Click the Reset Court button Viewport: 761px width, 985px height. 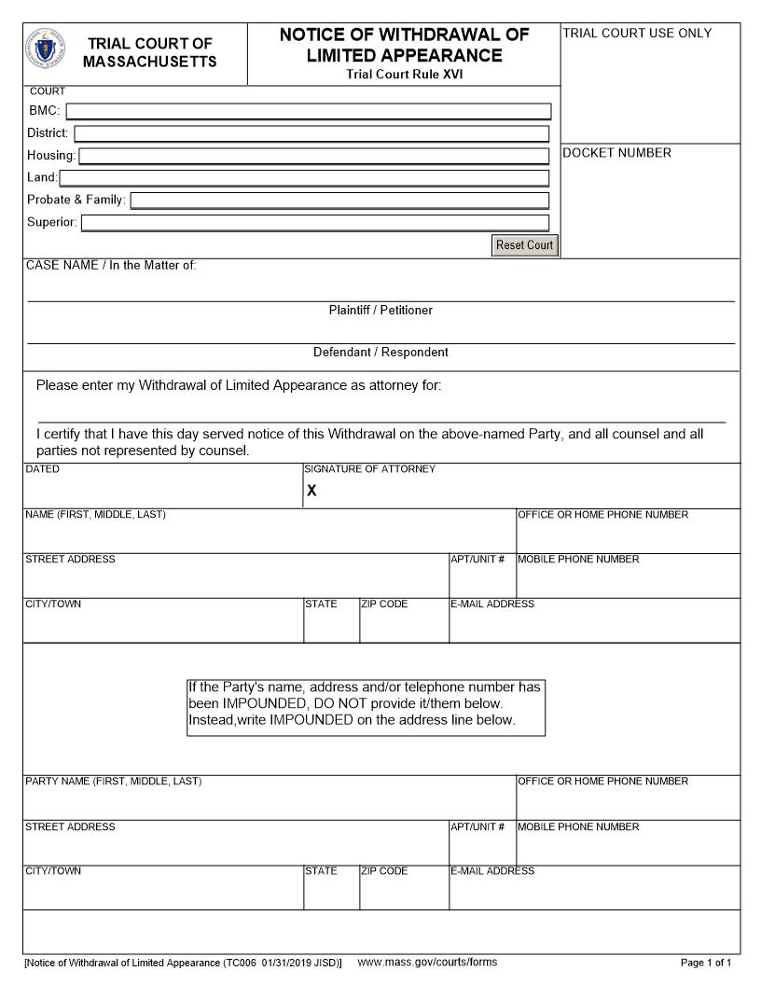(x=525, y=245)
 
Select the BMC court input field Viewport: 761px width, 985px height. (x=308, y=111)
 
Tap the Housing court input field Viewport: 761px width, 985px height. (x=313, y=156)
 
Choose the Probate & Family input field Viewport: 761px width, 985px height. (x=339, y=201)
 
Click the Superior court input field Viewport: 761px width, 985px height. (x=315, y=223)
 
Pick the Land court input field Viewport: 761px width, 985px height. (x=304, y=178)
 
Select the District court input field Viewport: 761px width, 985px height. (x=311, y=133)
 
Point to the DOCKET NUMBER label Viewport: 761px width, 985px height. (x=616, y=153)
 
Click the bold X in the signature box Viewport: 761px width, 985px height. (x=311, y=491)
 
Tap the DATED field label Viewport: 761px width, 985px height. (x=42, y=469)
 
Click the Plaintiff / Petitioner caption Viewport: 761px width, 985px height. (x=380, y=310)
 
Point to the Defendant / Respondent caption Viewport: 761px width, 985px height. (x=380, y=353)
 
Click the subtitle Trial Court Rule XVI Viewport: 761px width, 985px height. (x=404, y=75)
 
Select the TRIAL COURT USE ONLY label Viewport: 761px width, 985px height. (x=637, y=34)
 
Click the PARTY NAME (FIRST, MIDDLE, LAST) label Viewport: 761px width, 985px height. (x=113, y=782)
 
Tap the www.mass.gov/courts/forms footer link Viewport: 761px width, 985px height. (x=427, y=962)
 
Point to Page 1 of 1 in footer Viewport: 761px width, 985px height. (x=706, y=963)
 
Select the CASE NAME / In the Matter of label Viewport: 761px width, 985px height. (x=111, y=265)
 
